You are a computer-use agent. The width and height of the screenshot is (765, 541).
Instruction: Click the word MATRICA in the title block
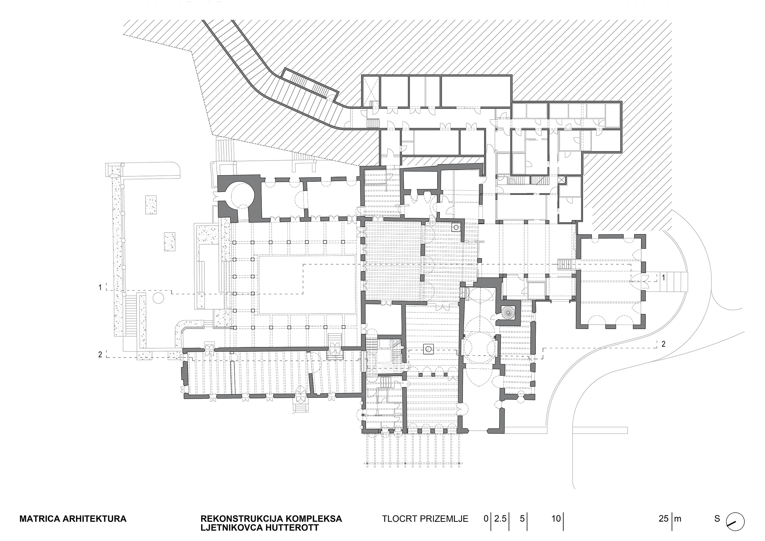40,519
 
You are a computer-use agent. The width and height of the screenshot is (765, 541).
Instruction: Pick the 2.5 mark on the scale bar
500,519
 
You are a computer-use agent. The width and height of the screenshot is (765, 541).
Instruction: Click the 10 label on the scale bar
556,519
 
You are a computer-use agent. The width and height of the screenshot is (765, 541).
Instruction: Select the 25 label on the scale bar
663,519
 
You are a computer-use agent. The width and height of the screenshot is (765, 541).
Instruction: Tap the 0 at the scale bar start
486,519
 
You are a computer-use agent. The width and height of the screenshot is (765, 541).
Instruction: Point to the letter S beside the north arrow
717,519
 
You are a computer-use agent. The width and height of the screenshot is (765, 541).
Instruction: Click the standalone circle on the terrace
159,298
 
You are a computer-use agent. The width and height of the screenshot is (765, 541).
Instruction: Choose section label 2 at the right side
663,344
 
